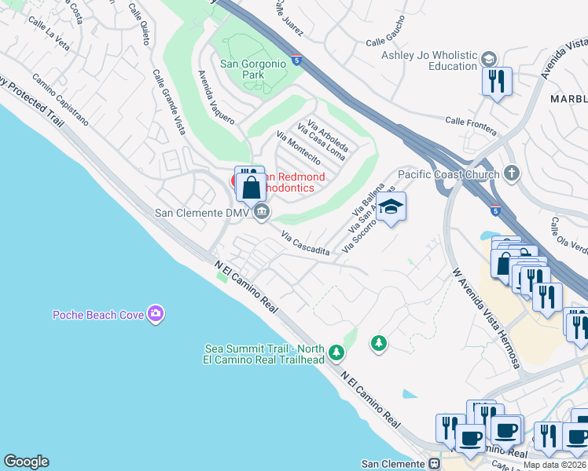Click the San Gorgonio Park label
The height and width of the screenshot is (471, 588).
[253, 69]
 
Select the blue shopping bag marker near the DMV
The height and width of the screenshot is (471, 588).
[251, 187]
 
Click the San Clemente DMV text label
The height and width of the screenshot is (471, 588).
[201, 212]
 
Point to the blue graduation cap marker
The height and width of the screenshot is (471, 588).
[390, 208]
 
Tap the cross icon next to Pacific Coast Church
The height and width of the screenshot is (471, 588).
[512, 173]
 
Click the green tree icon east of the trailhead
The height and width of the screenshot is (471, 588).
[379, 343]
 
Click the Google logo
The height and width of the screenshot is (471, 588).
[26, 462]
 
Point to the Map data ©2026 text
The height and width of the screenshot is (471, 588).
[554, 465]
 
